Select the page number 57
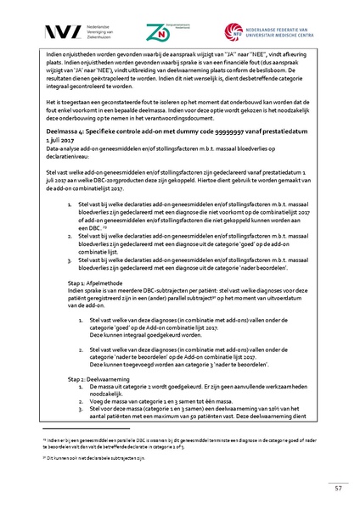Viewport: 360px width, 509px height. (338, 488)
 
